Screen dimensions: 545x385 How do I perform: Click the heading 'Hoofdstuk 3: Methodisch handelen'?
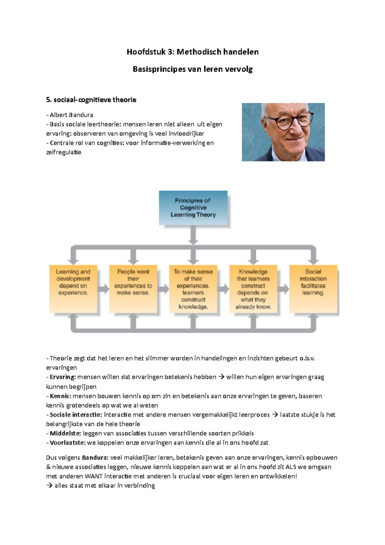(193, 52)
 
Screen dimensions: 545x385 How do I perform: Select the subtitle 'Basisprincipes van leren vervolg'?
(193, 69)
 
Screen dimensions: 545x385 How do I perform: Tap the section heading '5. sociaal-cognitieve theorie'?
(91, 100)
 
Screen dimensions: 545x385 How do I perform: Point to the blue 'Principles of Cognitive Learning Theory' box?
(193, 208)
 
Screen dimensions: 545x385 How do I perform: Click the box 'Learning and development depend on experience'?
(73, 289)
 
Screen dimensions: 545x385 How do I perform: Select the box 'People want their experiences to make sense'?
(133, 289)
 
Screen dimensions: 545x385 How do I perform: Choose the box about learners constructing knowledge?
(193, 289)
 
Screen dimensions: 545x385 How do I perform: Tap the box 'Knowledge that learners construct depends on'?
(253, 289)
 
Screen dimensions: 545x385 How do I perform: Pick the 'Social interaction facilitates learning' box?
(313, 289)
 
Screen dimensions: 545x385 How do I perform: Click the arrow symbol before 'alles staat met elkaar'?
(49, 486)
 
